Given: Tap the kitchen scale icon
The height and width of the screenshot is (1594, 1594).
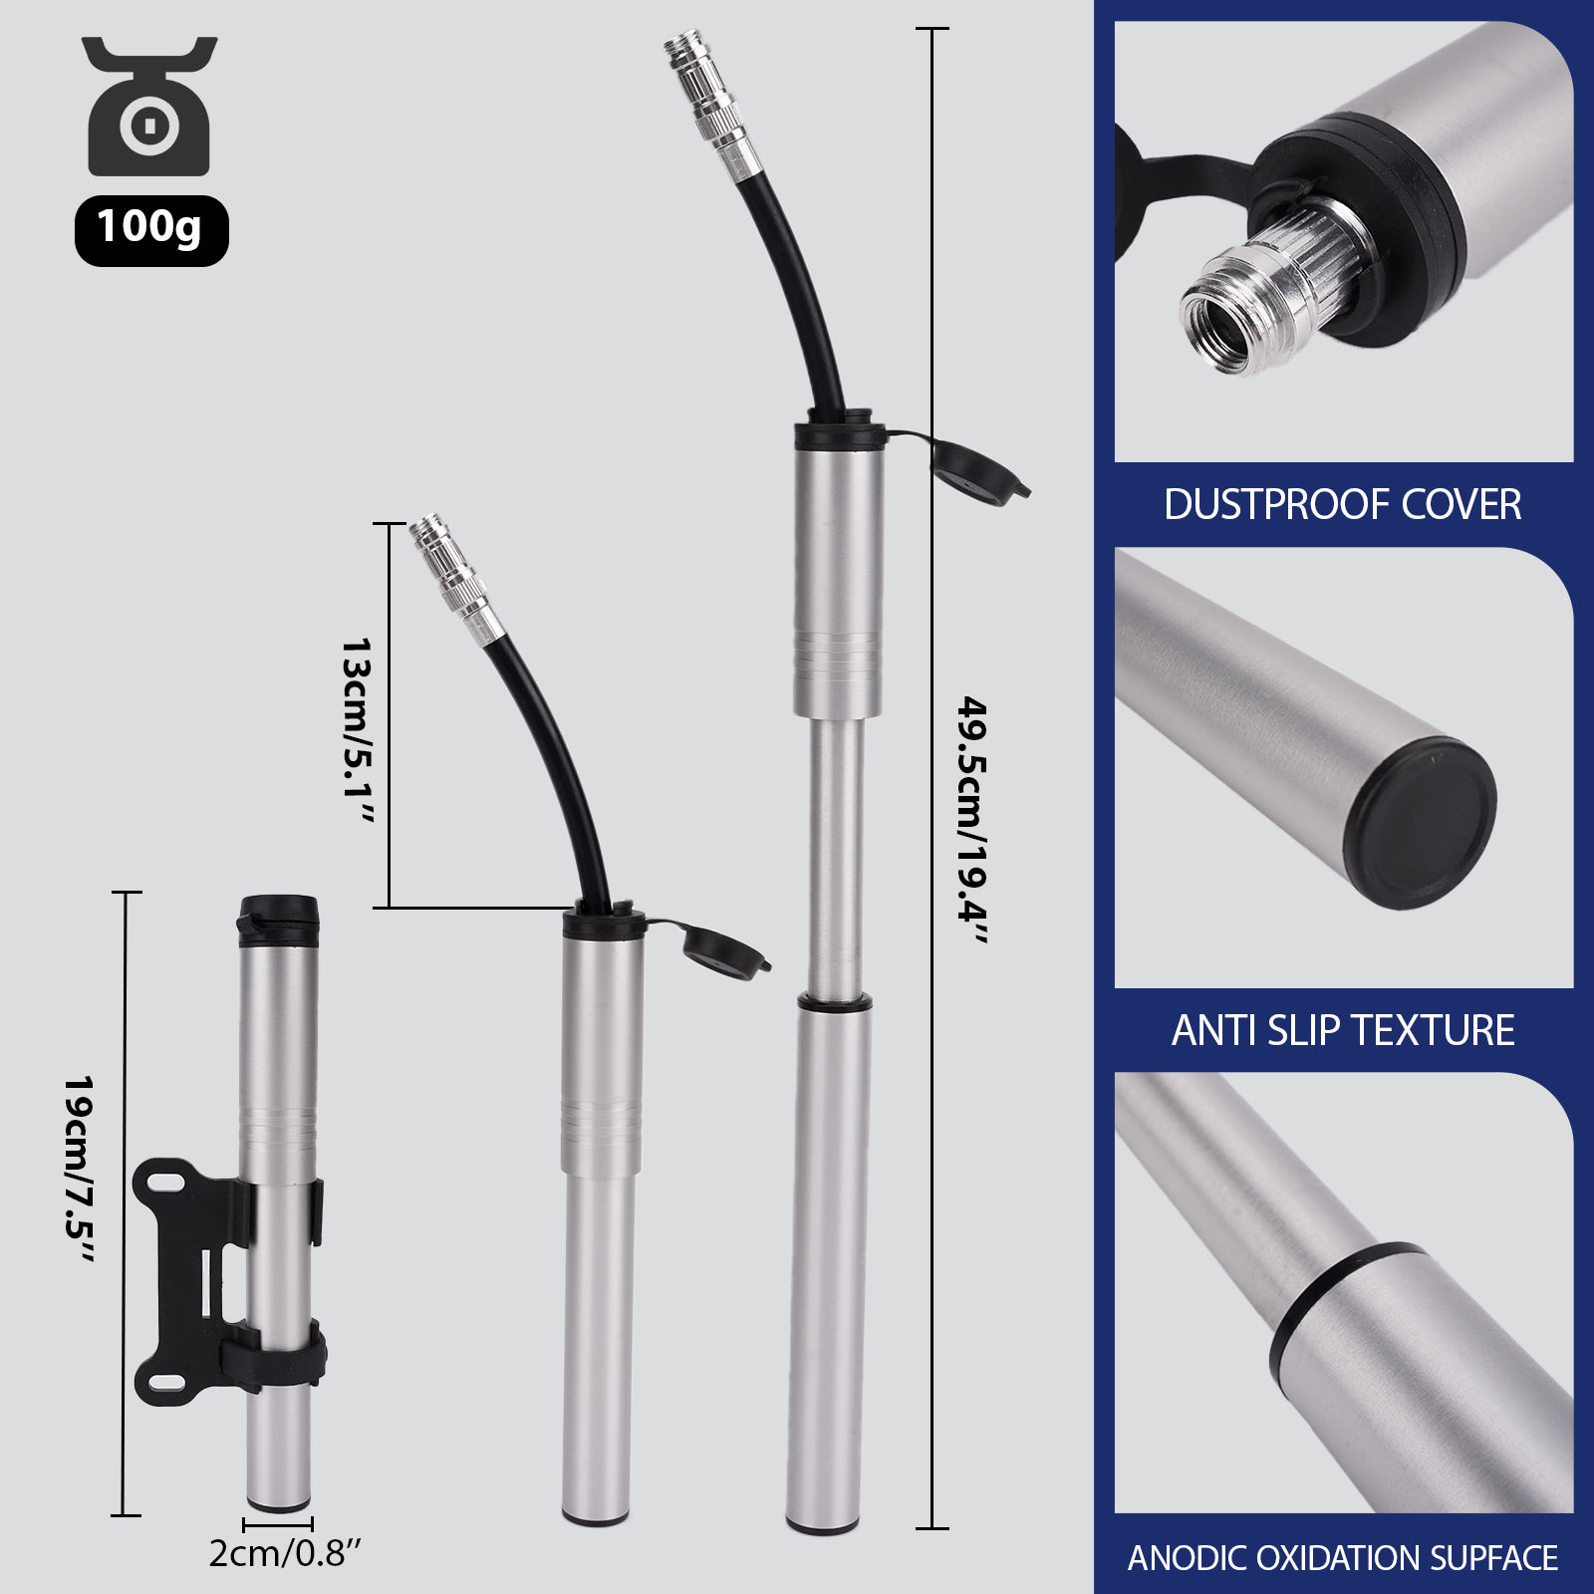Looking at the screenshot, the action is point(149,106).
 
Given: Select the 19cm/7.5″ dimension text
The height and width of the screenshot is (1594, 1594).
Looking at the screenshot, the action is point(78,1170).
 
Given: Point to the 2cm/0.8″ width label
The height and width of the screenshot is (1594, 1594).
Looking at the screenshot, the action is point(285,1552).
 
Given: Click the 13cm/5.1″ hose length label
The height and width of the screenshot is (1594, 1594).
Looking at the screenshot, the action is point(356,731).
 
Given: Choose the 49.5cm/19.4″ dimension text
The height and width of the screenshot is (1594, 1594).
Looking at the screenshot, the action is point(972,821).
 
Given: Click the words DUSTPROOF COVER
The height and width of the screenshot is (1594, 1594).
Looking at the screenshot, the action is point(1342,504).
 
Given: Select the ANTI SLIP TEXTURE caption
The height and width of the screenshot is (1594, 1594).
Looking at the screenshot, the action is point(1343,1030).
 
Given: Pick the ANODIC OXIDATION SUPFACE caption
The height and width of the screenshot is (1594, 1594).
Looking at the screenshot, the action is point(1343,1557).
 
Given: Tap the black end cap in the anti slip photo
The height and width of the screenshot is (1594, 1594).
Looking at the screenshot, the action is point(1420,823).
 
